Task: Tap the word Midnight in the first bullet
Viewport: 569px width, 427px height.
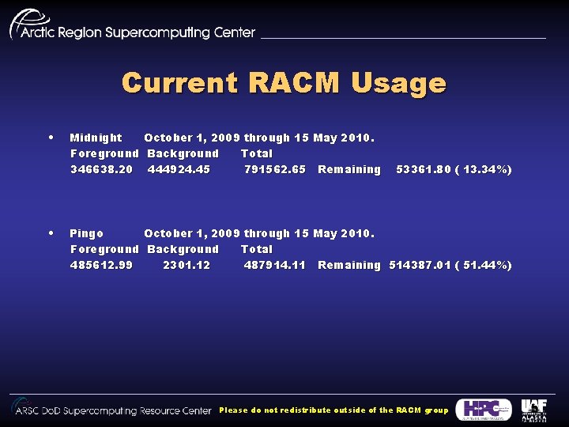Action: click(96, 138)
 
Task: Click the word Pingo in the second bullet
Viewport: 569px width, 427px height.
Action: click(86, 233)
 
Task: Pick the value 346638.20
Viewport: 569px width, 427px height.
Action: click(101, 169)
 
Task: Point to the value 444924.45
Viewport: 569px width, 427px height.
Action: click(179, 169)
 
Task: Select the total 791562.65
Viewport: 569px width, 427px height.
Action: click(275, 169)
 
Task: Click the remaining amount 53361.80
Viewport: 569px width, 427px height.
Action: click(427, 169)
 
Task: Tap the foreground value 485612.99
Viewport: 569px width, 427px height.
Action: click(101, 265)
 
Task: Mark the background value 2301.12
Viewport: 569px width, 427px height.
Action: click(187, 265)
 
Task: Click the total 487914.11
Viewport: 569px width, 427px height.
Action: click(275, 265)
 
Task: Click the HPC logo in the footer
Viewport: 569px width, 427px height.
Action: click(484, 409)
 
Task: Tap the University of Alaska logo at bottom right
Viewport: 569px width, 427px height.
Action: click(533, 410)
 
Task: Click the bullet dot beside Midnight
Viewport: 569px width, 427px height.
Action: click(51, 137)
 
